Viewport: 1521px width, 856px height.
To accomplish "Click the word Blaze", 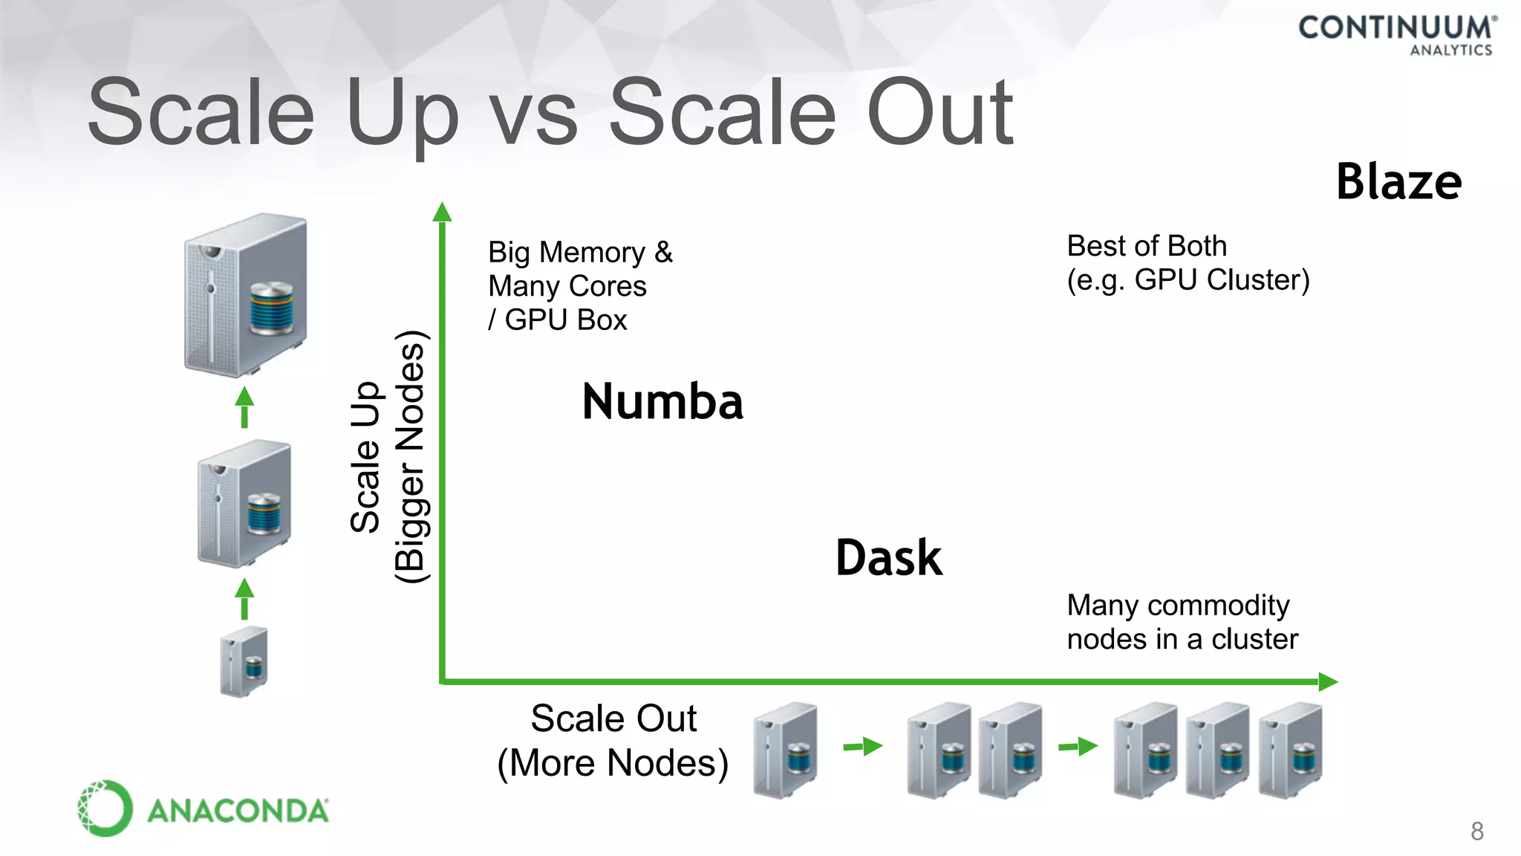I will pyautogui.click(x=1398, y=182).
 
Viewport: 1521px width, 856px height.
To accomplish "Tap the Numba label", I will pyautogui.click(x=662, y=402).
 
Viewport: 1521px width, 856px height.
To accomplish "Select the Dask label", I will pyautogui.click(x=889, y=558).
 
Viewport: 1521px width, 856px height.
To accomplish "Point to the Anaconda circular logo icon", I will pyautogui.click(x=105, y=808).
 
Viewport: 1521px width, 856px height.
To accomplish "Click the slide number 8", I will pyautogui.click(x=1476, y=831).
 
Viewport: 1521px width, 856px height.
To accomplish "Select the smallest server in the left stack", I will pyautogui.click(x=244, y=661).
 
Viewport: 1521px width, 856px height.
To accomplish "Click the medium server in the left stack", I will pyautogui.click(x=244, y=502).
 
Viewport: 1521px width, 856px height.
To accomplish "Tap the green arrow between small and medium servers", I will pyautogui.click(x=244, y=599).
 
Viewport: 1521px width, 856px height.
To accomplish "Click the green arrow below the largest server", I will pyautogui.click(x=244, y=407).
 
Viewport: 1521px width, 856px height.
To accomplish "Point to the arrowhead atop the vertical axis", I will pyautogui.click(x=442, y=213).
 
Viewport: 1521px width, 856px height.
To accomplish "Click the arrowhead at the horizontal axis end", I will pyautogui.click(x=1327, y=681).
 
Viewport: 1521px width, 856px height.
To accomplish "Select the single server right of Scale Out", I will pyautogui.click(x=785, y=750).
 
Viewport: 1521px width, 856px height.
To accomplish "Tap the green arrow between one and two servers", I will pyautogui.click(x=862, y=746).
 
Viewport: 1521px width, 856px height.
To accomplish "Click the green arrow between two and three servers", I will pyautogui.click(x=1078, y=746).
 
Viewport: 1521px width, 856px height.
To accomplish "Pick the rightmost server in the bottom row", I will pyautogui.click(x=1291, y=750).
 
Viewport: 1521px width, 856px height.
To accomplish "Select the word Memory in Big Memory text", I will pyautogui.click(x=592, y=253).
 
